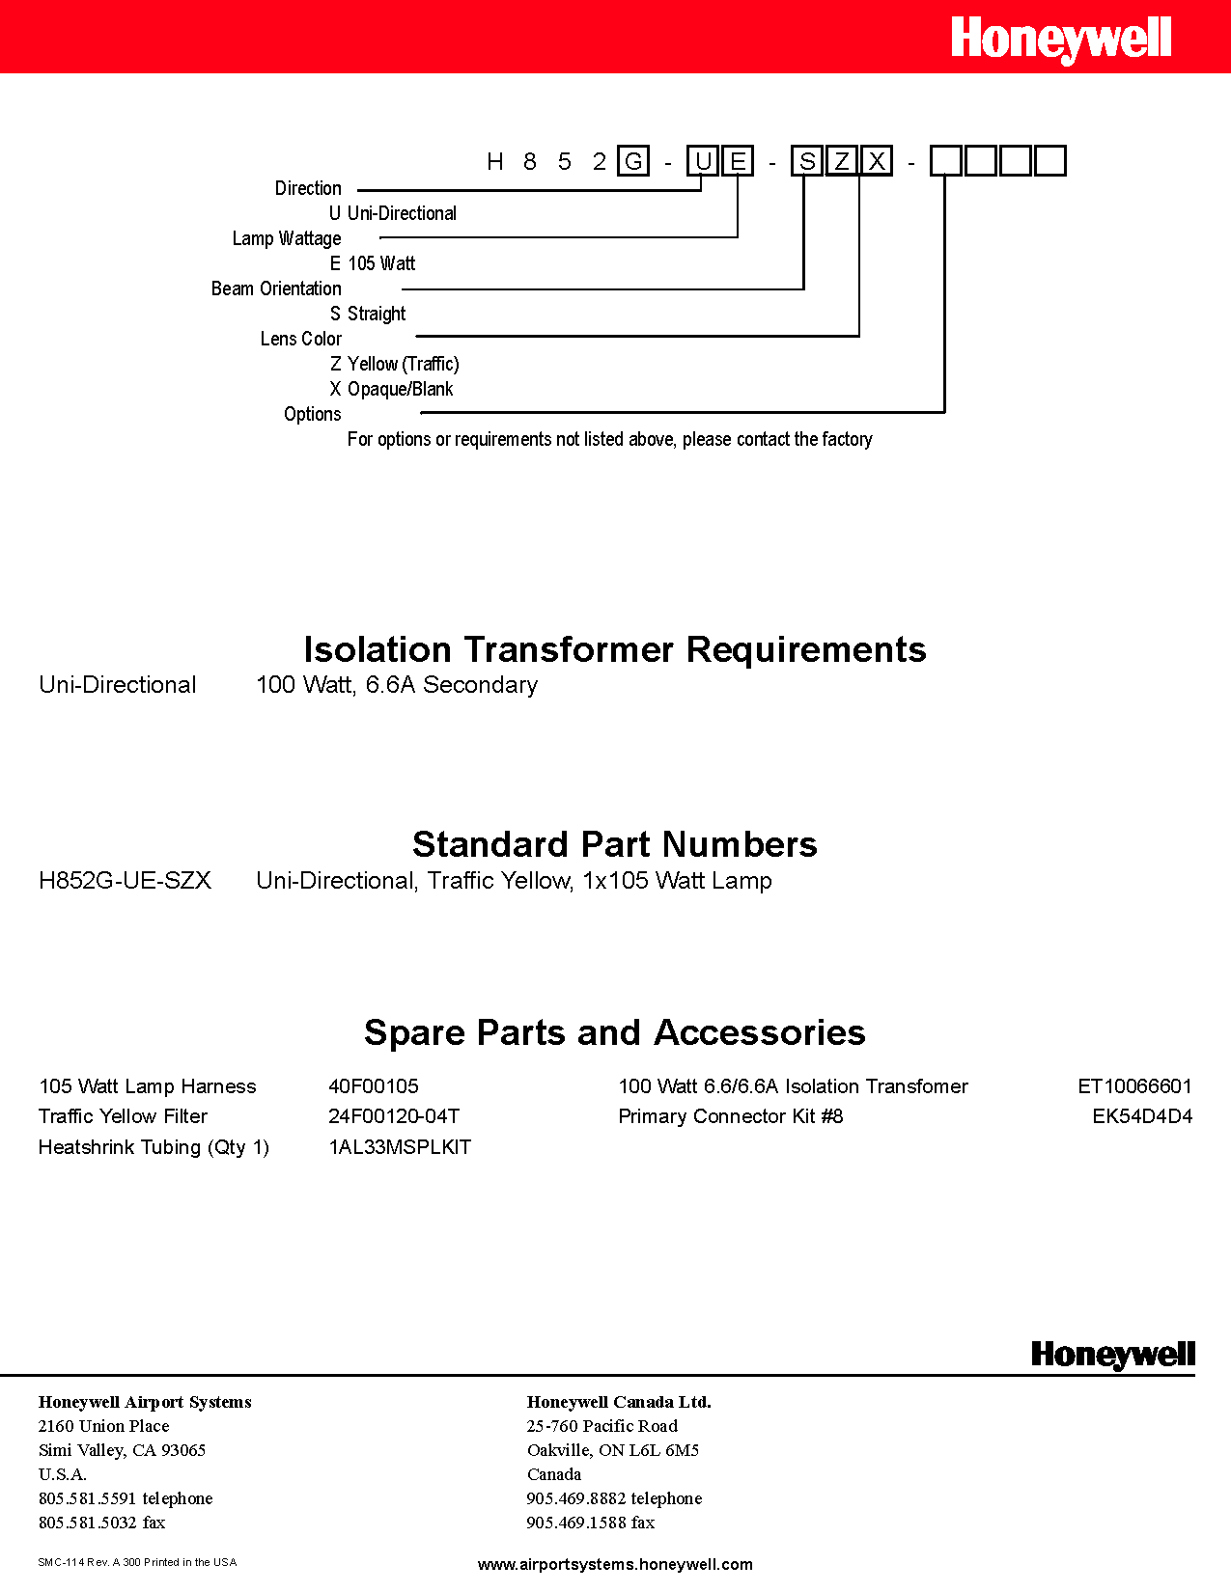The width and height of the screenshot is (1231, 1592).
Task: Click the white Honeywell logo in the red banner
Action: [1060, 40]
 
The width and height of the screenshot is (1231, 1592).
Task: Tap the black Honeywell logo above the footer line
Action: [1112, 1355]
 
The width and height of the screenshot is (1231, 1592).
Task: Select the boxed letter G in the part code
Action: [633, 161]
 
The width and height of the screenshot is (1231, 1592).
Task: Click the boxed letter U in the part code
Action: [703, 161]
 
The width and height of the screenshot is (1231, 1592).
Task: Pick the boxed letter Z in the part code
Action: [842, 161]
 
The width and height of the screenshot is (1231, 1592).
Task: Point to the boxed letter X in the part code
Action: [877, 161]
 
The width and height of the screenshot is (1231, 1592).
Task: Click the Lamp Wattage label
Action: [287, 238]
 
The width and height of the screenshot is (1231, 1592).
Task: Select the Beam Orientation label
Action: [276, 288]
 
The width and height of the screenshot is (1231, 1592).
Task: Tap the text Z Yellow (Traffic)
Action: [394, 364]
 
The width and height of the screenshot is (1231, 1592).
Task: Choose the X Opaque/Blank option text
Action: [391, 389]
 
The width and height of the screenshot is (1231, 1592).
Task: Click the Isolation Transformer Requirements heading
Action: [615, 649]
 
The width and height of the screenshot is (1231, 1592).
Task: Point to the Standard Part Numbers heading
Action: [615, 844]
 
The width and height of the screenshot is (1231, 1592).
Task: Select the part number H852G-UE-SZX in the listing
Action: [125, 881]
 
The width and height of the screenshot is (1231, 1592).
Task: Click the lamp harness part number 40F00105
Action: [374, 1086]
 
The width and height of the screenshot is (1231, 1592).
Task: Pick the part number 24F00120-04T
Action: [394, 1116]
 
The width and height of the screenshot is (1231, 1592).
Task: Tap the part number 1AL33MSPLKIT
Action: [400, 1147]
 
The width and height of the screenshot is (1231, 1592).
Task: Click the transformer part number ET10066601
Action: [1134, 1086]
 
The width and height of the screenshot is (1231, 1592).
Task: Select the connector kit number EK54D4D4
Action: [1142, 1116]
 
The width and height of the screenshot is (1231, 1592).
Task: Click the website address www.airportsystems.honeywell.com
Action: [615, 1564]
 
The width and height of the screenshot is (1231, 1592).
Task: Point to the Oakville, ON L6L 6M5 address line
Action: [612, 1450]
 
